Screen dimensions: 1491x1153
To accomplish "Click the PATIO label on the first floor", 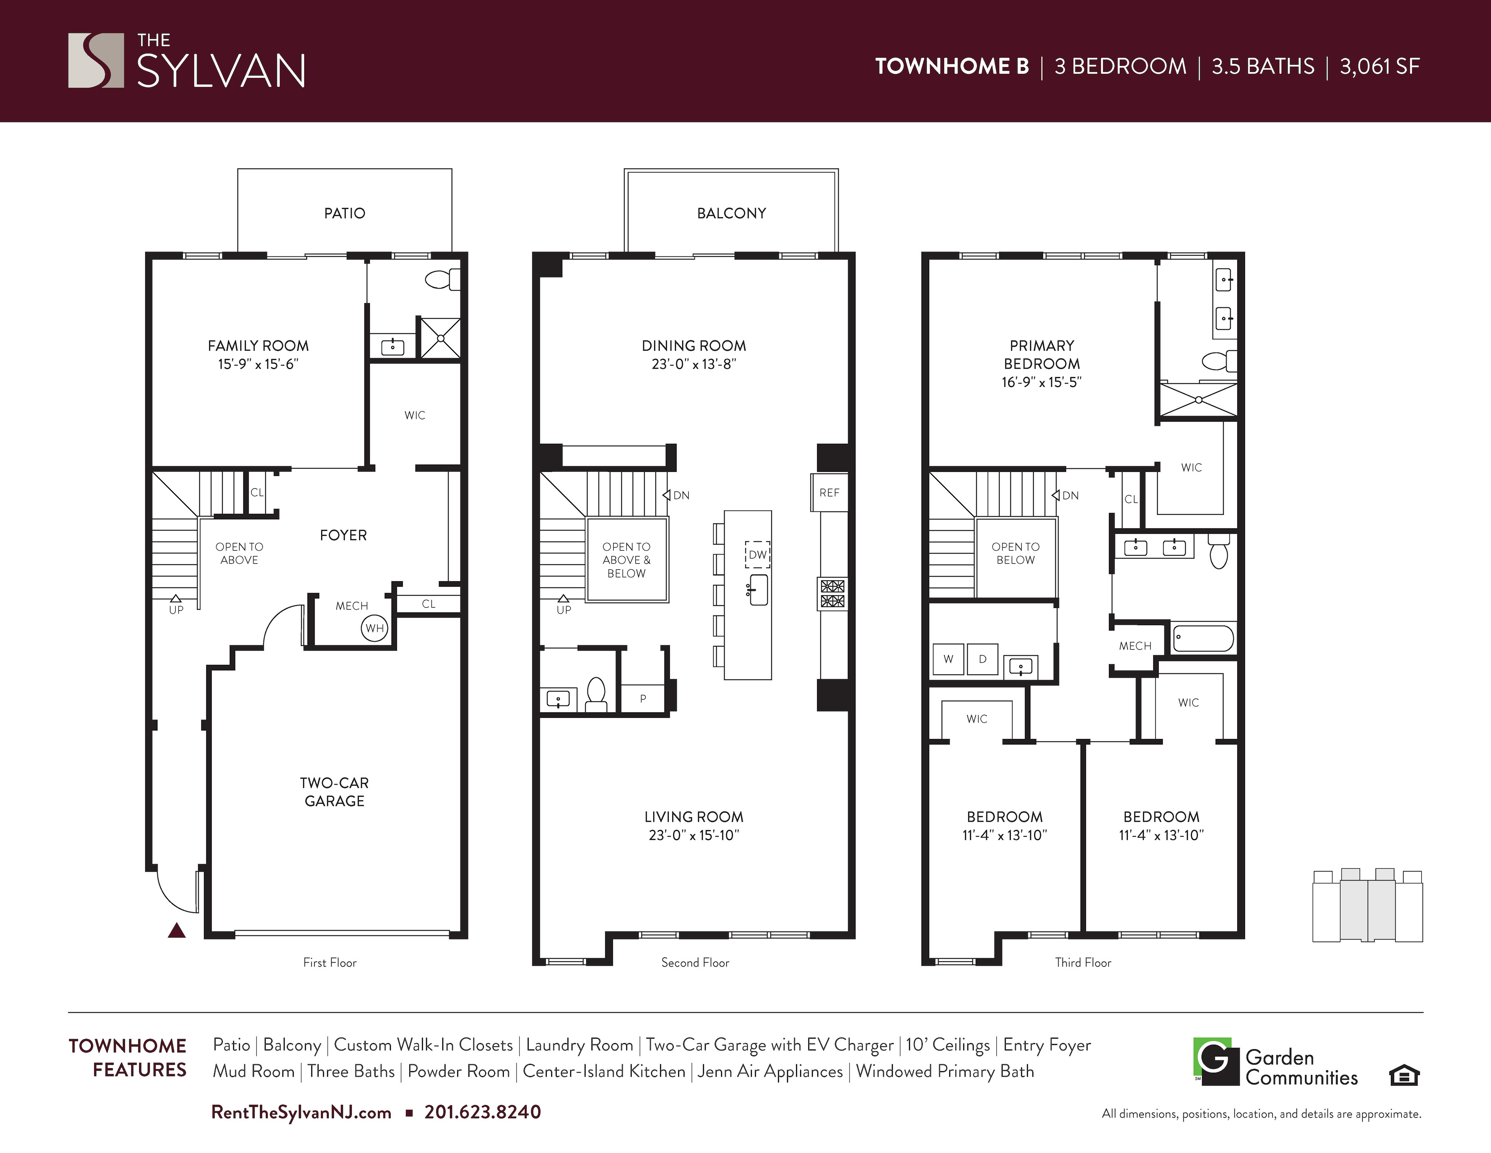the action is (344, 213).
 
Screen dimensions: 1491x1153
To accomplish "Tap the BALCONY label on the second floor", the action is (731, 213).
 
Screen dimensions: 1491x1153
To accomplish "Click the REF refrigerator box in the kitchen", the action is (829, 492).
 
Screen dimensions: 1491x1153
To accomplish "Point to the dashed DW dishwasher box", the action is (757, 555).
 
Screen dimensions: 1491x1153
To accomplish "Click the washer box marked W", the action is (948, 659).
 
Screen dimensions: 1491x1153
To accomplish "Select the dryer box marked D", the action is (982, 659).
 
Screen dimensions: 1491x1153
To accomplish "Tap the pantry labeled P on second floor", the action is (642, 699).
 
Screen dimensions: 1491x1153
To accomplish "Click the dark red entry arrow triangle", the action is (177, 931).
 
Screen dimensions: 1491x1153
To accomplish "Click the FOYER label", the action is (343, 535).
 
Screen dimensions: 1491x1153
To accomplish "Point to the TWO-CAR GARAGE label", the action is (334, 792).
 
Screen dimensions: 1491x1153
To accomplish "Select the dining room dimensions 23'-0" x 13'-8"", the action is (694, 364).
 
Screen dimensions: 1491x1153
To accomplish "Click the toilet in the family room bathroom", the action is (442, 279).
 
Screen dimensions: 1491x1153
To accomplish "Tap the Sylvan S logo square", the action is (96, 60).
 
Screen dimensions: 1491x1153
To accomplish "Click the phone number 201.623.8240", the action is (483, 1112).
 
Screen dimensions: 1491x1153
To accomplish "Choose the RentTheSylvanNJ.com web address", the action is (301, 1113).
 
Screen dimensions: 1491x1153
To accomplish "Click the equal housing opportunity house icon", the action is (1404, 1076).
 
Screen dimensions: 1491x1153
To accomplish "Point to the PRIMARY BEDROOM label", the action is (1042, 354).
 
